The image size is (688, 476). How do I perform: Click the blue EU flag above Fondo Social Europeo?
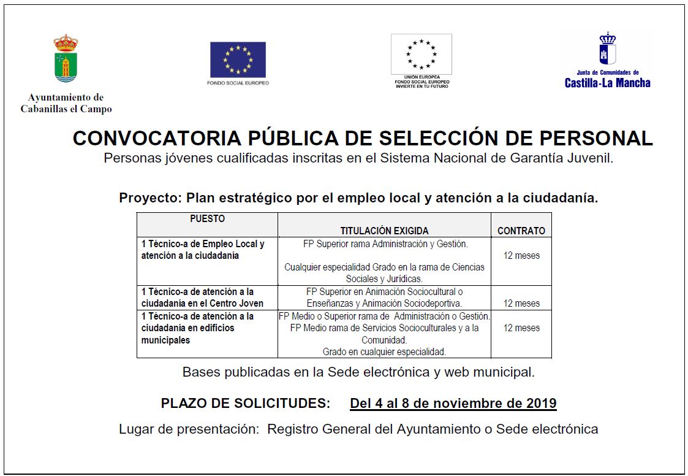238,60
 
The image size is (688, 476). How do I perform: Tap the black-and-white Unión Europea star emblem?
421,54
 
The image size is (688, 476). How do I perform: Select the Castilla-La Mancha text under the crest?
607,83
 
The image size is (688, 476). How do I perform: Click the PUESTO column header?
207,218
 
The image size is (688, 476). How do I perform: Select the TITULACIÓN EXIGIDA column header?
384,231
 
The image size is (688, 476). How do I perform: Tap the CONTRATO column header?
521,231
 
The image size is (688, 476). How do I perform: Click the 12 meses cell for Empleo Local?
521,255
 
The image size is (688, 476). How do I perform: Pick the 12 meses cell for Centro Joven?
521,303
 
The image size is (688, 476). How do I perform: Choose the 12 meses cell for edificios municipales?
521,328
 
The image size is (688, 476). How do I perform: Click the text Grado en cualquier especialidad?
384,351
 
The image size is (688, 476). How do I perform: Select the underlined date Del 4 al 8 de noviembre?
453,403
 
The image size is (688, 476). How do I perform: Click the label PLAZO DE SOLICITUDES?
245,403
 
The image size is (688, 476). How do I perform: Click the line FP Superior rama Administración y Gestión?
385,244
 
